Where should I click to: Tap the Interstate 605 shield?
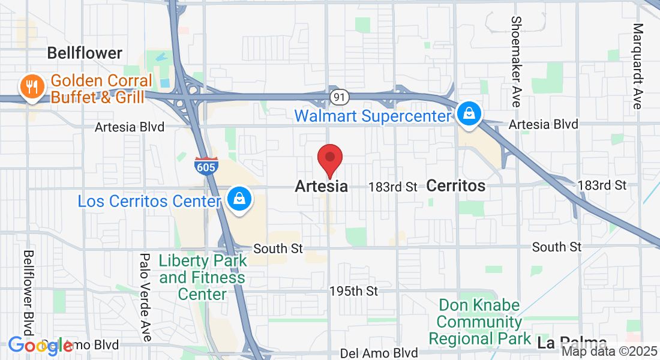[205, 165]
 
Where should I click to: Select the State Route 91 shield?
[338, 96]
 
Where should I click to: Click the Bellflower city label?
[85, 53]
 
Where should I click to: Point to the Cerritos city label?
[456, 186]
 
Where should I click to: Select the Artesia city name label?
[321, 187]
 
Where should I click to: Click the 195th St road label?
[354, 291]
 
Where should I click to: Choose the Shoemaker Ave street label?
[516, 61]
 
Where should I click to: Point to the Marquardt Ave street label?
[638, 66]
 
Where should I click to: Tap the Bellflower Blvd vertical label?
[28, 293]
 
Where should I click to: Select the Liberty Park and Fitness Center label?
[203, 277]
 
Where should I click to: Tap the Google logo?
[40, 346]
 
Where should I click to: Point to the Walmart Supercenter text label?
[372, 115]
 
